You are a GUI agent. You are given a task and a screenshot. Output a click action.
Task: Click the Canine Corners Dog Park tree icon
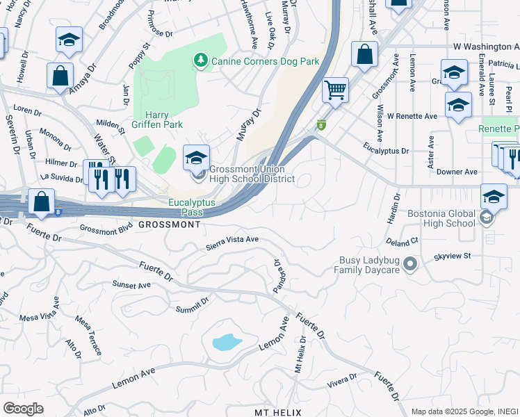[x=202, y=61]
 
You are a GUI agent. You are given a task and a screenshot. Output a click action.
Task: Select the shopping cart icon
[x=336, y=90]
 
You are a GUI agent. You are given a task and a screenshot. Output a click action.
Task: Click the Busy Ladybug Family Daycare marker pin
[x=410, y=264]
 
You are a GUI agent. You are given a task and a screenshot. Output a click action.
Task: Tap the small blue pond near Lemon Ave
[x=226, y=342]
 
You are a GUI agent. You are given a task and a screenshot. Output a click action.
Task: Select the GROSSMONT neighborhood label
[x=170, y=225]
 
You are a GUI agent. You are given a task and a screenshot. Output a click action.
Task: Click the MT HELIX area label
[x=277, y=413]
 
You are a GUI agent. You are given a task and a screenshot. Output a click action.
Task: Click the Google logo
[x=23, y=409]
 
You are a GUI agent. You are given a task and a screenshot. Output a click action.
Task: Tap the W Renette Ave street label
[x=412, y=116]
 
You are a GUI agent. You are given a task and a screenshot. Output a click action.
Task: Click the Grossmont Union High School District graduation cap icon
[x=197, y=156]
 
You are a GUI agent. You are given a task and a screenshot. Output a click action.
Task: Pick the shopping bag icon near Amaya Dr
[x=60, y=75]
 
